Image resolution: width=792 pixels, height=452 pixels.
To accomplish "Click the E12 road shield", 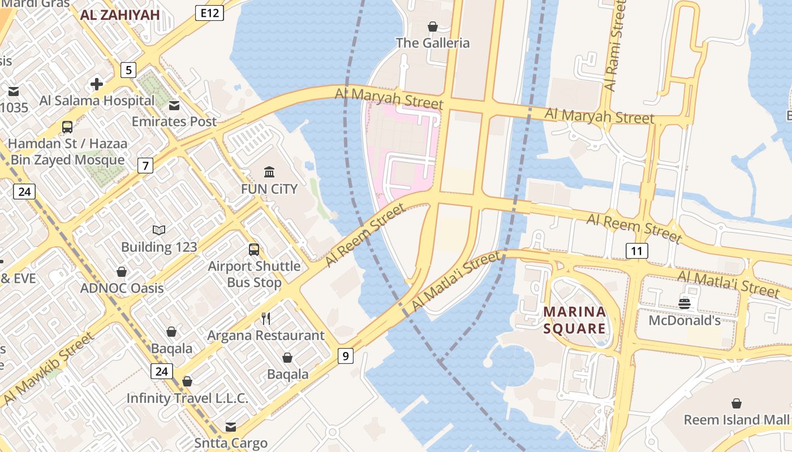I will point(209,13).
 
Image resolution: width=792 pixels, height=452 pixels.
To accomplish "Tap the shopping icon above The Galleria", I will point(433,27).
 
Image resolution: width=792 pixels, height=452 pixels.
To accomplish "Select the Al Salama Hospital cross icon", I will point(97,84).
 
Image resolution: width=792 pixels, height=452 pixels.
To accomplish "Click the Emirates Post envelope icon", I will point(174,105).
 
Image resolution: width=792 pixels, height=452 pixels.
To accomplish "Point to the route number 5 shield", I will point(129,70).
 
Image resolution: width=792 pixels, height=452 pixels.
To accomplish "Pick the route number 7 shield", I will point(146,166).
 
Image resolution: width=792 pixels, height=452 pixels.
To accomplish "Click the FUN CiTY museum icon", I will point(269,172).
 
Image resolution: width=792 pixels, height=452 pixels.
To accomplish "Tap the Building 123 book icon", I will point(159,230).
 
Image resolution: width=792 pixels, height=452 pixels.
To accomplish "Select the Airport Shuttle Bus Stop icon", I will point(254,249).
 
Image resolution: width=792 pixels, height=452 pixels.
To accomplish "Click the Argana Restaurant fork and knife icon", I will point(266,319).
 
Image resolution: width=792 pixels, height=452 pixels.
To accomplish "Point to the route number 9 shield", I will point(345,356).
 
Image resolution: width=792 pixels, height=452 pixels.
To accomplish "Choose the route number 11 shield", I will point(637,251).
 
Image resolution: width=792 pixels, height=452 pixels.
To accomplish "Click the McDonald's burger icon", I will point(685,304).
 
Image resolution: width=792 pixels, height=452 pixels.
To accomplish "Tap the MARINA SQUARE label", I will point(575,320).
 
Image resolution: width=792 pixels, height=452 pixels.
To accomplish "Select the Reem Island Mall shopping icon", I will point(736,403).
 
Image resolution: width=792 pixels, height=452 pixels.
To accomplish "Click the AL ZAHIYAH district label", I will point(120,15).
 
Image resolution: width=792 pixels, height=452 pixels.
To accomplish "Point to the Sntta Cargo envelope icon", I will point(230,427).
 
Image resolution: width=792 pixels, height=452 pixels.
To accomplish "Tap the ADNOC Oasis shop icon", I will point(122,272).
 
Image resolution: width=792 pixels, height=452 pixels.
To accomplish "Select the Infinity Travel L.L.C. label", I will point(187,398).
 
